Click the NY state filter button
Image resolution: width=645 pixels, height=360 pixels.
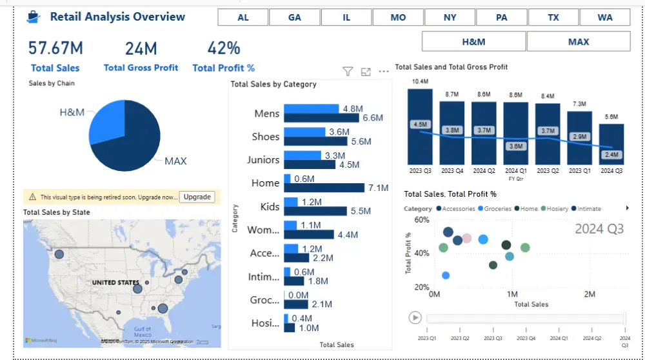[450, 17]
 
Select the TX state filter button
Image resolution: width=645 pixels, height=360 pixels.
[553, 17]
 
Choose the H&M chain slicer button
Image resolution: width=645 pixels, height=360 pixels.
[473, 41]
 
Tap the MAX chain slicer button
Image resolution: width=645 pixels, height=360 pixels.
[579, 41]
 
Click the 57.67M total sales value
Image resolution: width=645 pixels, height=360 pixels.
[55, 48]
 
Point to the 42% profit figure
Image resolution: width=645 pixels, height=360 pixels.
[224, 48]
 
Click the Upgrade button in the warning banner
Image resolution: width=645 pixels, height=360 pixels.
[197, 197]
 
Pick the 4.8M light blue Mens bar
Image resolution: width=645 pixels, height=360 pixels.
[311, 109]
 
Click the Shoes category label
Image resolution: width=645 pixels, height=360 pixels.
[266, 137]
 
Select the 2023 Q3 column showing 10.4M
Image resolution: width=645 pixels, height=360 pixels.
[420, 126]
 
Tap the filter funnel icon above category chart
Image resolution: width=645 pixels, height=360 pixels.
[348, 72]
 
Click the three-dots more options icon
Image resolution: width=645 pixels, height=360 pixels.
[384, 72]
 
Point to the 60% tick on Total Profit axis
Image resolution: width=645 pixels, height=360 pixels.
[421, 220]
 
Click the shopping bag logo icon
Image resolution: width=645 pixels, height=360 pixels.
[34, 17]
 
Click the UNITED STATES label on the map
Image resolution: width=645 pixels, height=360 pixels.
[115, 283]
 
